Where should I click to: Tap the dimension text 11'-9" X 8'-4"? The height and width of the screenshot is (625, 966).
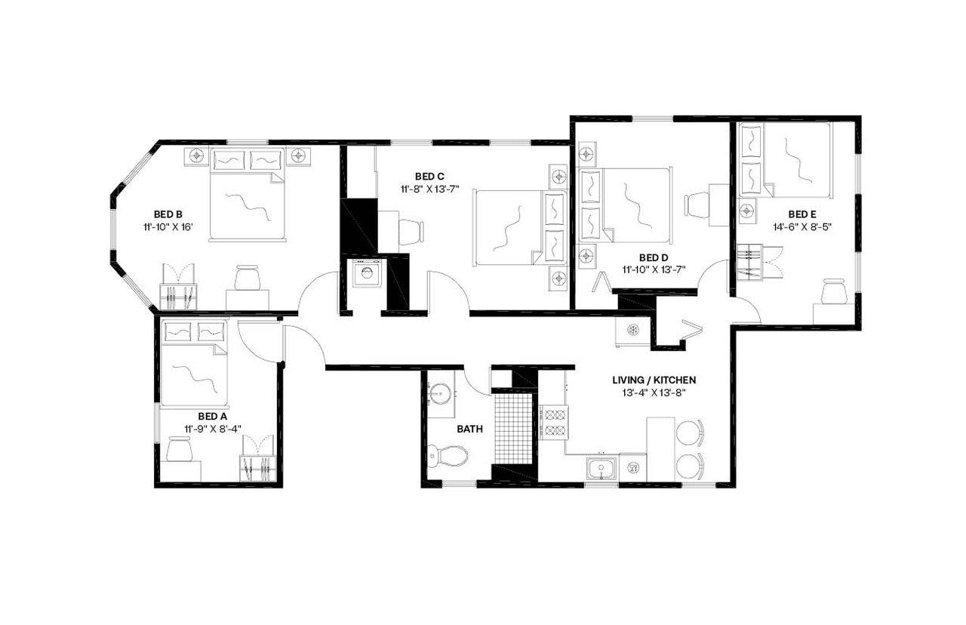[x=212, y=429]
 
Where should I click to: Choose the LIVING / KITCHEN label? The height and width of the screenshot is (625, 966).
[x=654, y=380]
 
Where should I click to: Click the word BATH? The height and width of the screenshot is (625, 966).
[x=469, y=429]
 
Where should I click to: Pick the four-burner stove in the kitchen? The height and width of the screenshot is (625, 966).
[x=553, y=423]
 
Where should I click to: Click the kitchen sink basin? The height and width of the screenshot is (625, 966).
[x=601, y=469]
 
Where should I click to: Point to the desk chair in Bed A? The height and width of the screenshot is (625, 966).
[x=180, y=450]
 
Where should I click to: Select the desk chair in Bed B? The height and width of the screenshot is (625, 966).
[x=247, y=278]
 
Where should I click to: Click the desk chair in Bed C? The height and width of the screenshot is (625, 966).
[x=411, y=230]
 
